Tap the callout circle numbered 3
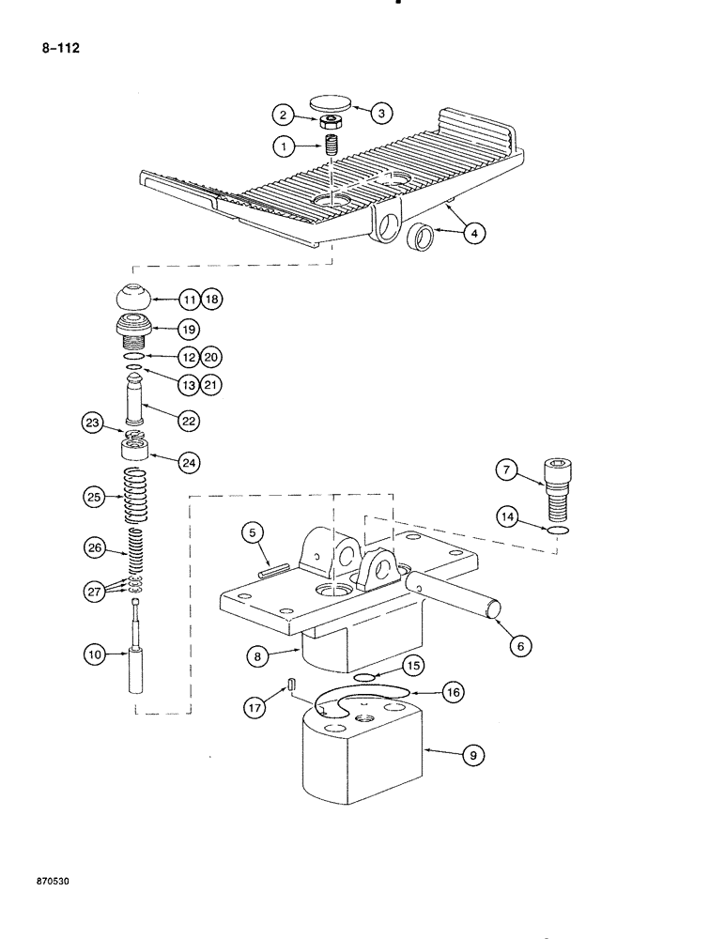(382, 114)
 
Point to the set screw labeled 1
(331, 146)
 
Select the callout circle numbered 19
(191, 329)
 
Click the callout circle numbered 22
(191, 422)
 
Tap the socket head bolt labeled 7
(562, 488)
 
